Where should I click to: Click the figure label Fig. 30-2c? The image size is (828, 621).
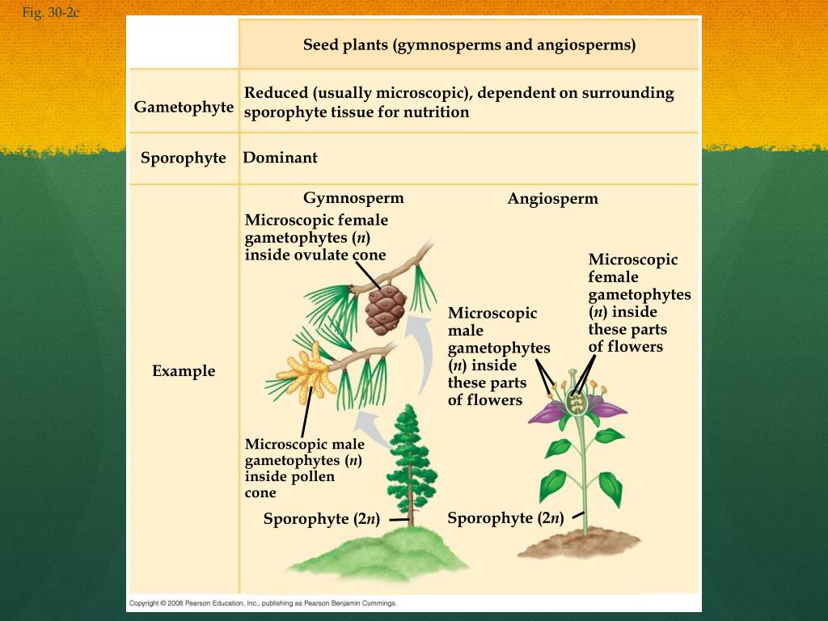[51, 13]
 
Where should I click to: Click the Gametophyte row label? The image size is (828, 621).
[184, 108]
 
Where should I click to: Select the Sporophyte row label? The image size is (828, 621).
[184, 158]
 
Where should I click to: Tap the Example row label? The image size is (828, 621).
[184, 371]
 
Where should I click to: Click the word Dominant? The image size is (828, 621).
[280, 158]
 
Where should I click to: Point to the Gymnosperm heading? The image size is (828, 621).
[353, 198]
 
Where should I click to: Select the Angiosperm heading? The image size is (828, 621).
[552, 199]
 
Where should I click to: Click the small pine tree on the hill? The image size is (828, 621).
[412, 461]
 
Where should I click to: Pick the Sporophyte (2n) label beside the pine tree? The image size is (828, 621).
[321, 519]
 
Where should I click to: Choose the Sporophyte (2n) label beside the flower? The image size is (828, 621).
[505, 518]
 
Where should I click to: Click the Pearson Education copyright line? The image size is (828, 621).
[263, 603]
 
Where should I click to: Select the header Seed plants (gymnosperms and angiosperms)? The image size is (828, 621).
[469, 44]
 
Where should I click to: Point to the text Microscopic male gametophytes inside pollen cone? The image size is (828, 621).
[304, 468]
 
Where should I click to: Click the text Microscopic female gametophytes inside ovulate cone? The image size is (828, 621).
[316, 238]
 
